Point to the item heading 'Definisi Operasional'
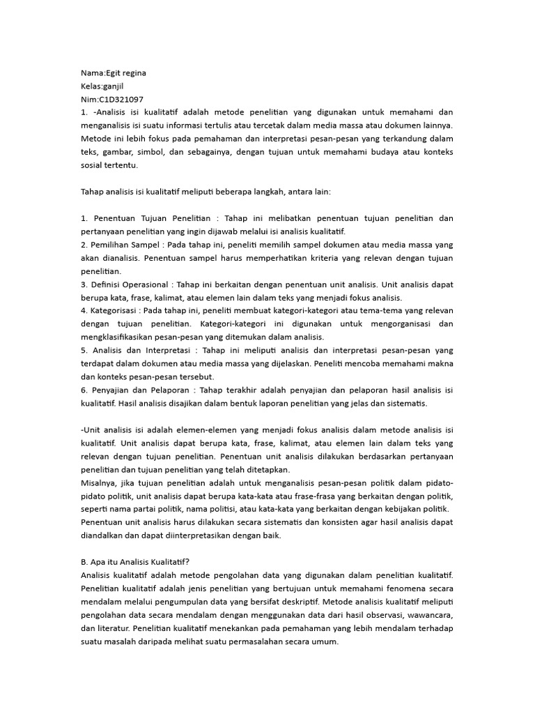(133, 284)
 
